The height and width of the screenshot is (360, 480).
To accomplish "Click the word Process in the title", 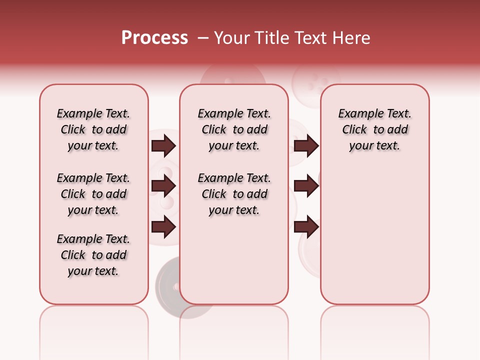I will click(154, 38).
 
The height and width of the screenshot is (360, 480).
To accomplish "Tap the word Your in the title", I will click(232, 38).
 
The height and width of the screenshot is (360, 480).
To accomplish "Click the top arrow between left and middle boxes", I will click(163, 145).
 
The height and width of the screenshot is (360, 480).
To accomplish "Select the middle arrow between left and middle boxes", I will click(163, 186).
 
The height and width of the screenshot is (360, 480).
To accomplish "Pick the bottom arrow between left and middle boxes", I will click(163, 227).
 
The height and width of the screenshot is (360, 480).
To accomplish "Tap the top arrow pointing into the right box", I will click(306, 145).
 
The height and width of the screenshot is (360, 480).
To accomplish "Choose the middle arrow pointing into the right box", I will click(306, 186).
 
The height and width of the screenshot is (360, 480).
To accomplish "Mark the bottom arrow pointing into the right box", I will click(306, 227).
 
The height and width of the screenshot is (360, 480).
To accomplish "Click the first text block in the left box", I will click(93, 129).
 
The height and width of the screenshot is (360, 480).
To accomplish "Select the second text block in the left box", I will click(93, 194).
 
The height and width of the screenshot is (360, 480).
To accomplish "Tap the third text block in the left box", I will click(93, 255).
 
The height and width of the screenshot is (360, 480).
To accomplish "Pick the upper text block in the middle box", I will click(234, 129).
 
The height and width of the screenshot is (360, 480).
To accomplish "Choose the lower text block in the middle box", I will click(234, 194).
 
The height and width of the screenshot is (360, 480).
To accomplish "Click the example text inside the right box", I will click(374, 129).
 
